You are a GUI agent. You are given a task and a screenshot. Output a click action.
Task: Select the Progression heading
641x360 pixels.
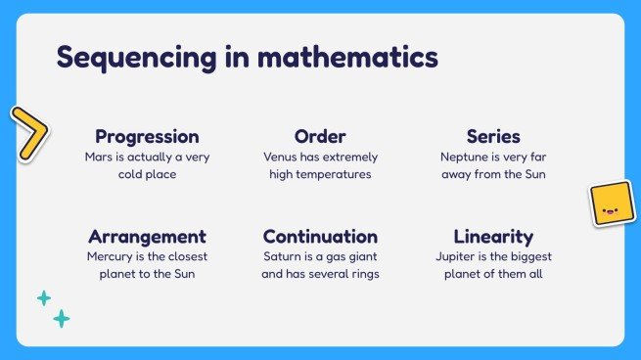pos(147,137)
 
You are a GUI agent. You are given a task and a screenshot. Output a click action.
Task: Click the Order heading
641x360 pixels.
pos(320,137)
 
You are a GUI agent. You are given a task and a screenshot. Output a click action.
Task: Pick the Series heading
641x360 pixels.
pos(492,137)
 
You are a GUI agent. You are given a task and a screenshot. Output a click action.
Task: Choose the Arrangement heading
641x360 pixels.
pos(147,237)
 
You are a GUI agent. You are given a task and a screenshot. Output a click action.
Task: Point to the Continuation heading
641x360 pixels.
pos(320,237)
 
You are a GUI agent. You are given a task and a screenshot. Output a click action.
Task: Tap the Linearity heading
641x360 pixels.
pos(492,237)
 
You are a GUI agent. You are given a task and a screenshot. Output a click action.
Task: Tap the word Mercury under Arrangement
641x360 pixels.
pos(110,256)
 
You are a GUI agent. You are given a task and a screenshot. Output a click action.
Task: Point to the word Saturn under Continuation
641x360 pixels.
pos(283,256)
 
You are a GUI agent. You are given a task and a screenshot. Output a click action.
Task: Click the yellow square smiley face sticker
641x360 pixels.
pos(610,204)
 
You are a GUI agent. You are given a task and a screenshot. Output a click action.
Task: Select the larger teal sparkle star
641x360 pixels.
pos(62,318)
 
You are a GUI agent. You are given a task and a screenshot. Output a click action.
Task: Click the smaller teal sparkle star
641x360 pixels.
pos(44,298)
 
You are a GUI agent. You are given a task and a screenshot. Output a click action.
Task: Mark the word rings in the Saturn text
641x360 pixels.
pos(361,274)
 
